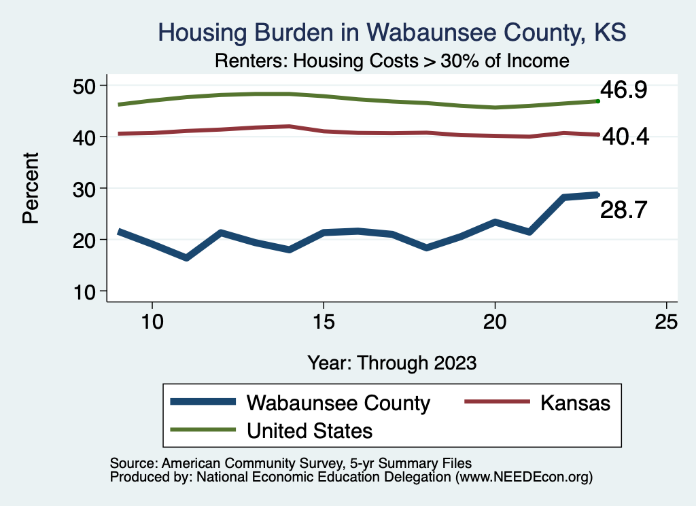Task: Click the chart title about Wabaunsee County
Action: (x=391, y=32)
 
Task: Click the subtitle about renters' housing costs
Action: (x=391, y=60)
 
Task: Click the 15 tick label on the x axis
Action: (x=324, y=321)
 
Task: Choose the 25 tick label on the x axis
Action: (x=667, y=321)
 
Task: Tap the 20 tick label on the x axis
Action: (x=495, y=321)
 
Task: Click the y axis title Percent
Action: (x=30, y=188)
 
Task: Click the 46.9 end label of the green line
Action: (x=623, y=90)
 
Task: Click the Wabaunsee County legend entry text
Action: (x=338, y=403)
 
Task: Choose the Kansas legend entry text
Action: (x=576, y=403)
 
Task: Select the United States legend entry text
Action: (x=309, y=430)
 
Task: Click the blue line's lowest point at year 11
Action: (x=186, y=257)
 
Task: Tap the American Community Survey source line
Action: (x=290, y=463)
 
